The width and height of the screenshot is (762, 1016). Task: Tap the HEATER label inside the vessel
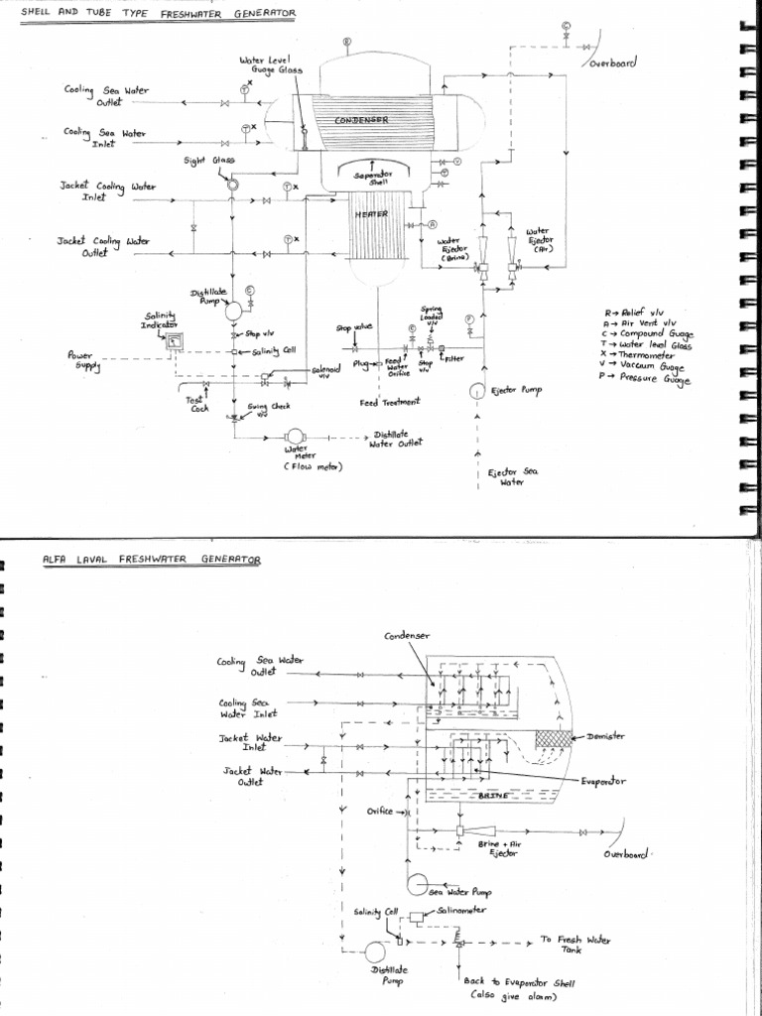(x=374, y=212)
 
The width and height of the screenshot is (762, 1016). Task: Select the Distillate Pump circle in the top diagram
(x=235, y=310)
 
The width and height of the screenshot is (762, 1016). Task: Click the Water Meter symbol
(x=295, y=438)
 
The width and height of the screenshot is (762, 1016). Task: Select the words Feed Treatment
(x=390, y=402)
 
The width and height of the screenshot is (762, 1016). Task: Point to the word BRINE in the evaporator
(x=488, y=796)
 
